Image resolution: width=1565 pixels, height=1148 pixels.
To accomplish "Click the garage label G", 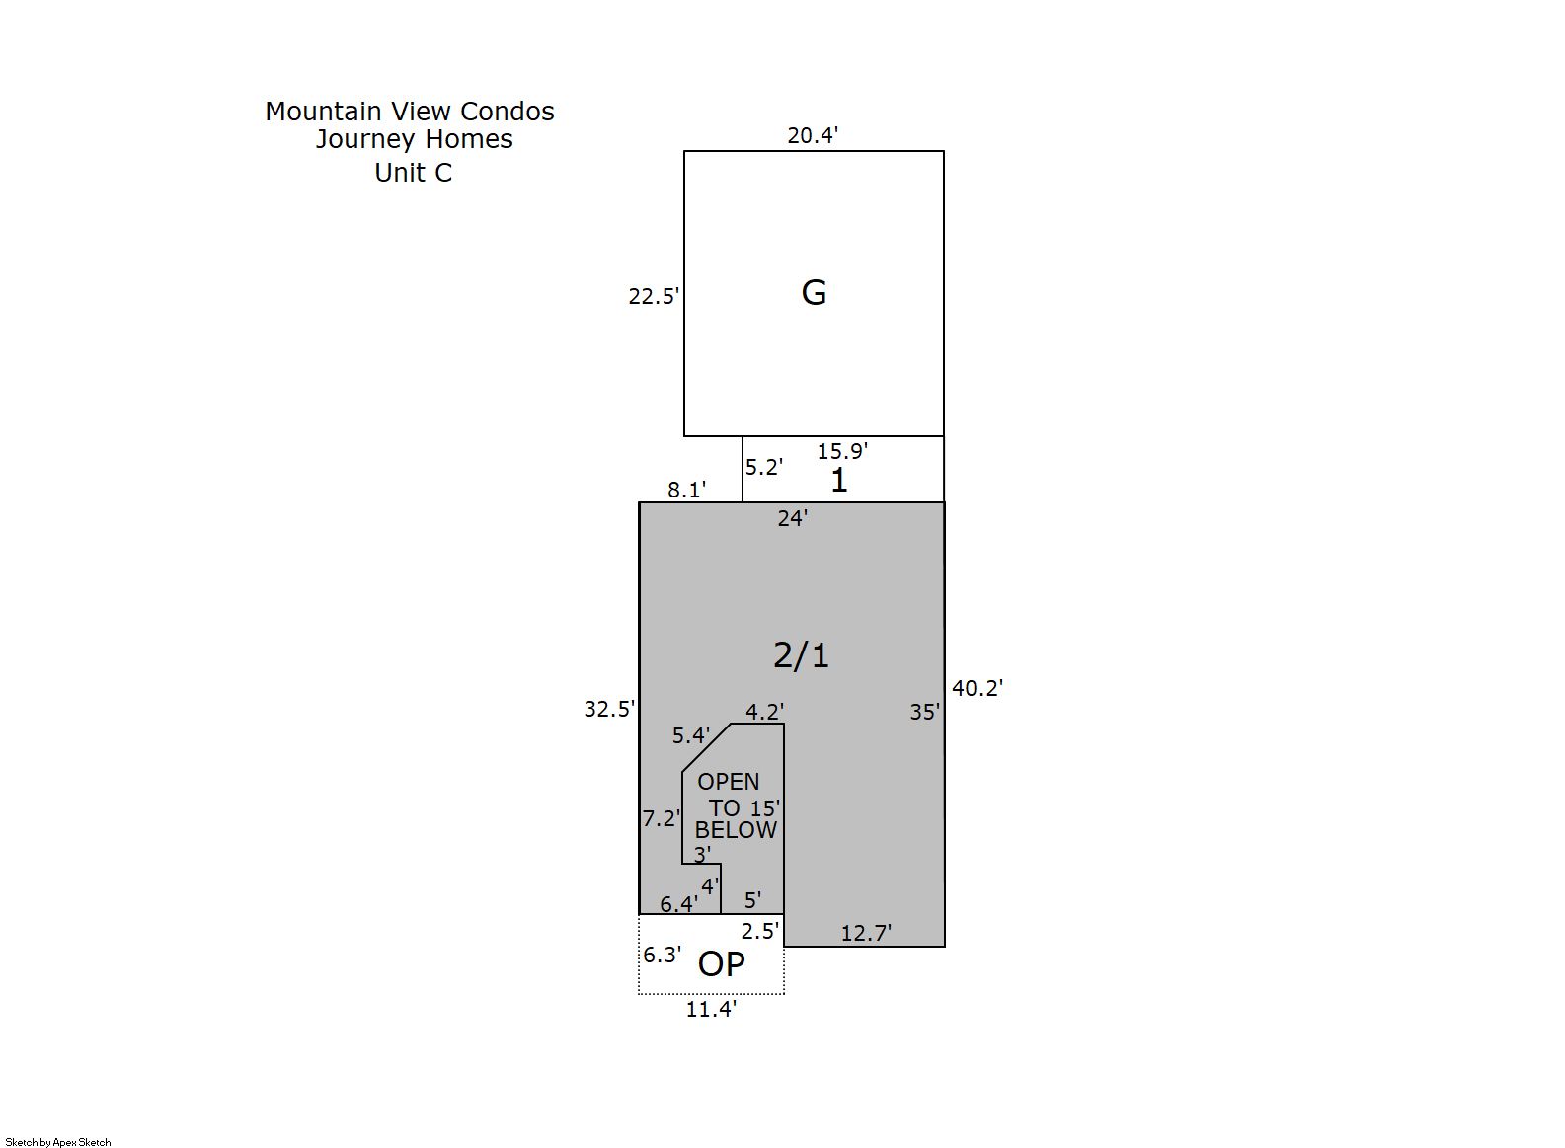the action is coord(814,292).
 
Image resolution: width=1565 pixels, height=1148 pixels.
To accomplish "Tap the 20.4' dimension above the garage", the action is coord(813,135).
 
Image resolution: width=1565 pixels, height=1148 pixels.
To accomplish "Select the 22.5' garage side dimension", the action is coord(654,297).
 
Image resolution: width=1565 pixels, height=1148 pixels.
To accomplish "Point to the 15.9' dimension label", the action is coord(842,452).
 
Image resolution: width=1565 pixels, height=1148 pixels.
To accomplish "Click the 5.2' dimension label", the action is coord(763,467).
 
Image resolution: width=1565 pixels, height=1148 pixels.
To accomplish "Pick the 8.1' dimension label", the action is coord(687,491).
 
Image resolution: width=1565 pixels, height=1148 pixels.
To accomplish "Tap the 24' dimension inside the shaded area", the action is coord(793,518).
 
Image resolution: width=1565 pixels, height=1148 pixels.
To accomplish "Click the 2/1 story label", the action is coord(801,655).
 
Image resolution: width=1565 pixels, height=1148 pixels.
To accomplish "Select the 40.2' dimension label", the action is coord(978,689).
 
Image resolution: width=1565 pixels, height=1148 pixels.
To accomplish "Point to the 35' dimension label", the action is coord(925,712).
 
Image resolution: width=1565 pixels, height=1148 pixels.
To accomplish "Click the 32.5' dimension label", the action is coord(609,710).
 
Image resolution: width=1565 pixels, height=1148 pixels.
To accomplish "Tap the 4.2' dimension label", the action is coord(764,712).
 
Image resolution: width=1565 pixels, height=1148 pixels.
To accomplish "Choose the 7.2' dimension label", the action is coord(662,818).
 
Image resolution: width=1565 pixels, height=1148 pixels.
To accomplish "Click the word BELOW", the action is coord(736,830).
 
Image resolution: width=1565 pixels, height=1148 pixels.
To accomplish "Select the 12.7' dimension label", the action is coord(866,933).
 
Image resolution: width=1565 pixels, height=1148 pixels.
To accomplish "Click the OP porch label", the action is coord(721,964).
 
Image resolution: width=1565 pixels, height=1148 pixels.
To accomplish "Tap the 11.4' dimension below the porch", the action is coord(711,1009).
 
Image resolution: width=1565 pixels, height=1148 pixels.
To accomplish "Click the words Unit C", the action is coord(414,173).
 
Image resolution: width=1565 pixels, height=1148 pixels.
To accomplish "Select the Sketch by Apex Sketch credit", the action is coord(58,1142).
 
